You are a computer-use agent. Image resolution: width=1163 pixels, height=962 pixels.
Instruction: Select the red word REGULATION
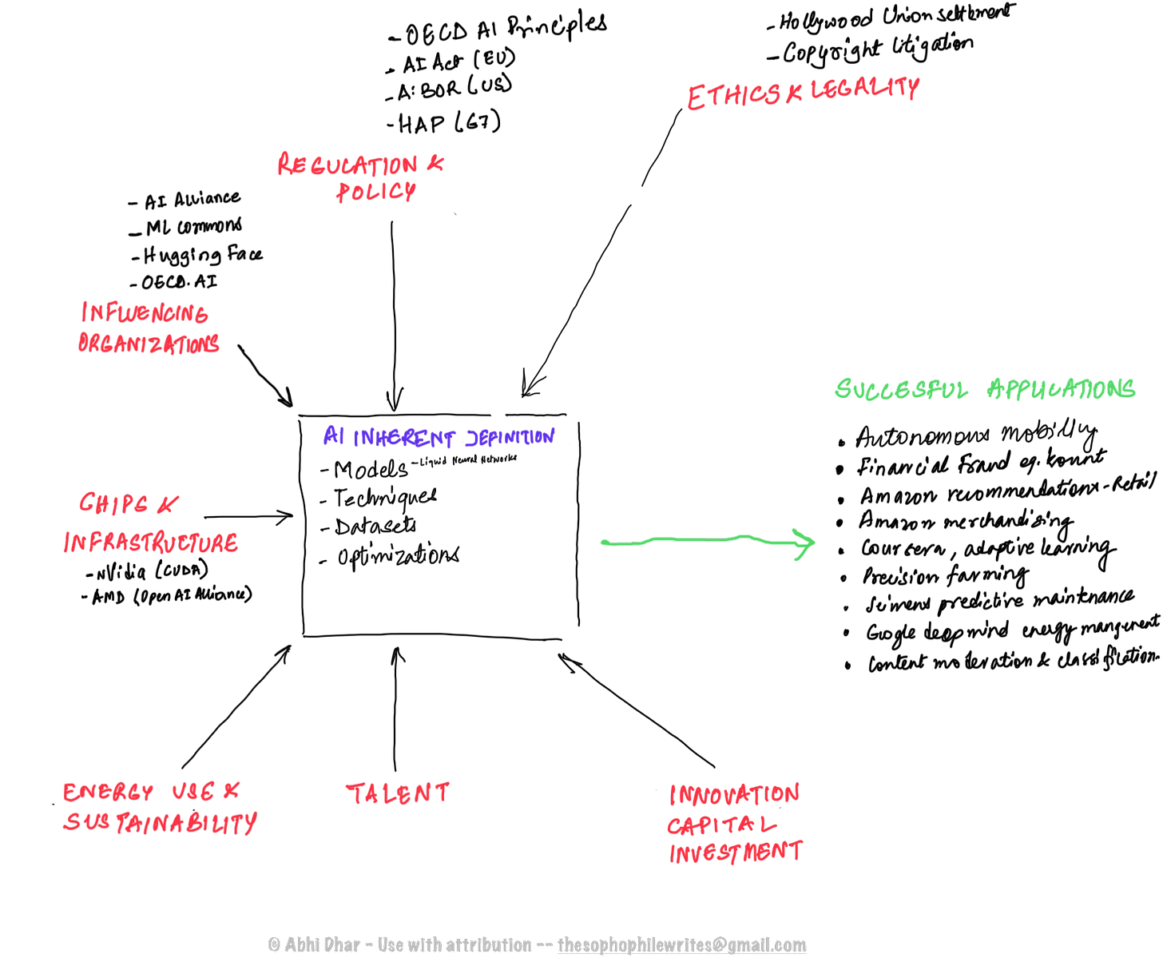[347, 165]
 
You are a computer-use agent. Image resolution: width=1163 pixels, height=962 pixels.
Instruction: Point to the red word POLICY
[376, 193]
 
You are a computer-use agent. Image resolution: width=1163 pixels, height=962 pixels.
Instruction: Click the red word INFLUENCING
[145, 312]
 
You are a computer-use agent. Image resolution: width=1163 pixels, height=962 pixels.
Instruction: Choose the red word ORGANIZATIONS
[148, 344]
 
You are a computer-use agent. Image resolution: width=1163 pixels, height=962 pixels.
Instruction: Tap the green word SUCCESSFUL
[900, 390]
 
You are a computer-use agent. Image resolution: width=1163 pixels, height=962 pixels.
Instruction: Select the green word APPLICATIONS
[1062, 389]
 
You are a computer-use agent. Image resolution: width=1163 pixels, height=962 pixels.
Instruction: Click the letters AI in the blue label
[333, 435]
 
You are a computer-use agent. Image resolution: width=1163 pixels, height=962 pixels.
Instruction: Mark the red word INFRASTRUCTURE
[151, 543]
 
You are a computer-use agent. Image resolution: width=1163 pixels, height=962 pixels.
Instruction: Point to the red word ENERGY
[108, 792]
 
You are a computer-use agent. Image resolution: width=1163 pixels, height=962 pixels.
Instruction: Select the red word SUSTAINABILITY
[160, 822]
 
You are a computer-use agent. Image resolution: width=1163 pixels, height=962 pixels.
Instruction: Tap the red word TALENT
[398, 793]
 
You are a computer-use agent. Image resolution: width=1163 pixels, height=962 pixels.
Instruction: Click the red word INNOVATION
[734, 794]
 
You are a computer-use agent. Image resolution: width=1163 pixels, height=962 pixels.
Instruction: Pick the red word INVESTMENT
[736, 852]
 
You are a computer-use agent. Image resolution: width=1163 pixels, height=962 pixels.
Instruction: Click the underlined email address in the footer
[682, 945]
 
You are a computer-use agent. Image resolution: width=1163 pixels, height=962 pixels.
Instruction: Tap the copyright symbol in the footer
[274, 945]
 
